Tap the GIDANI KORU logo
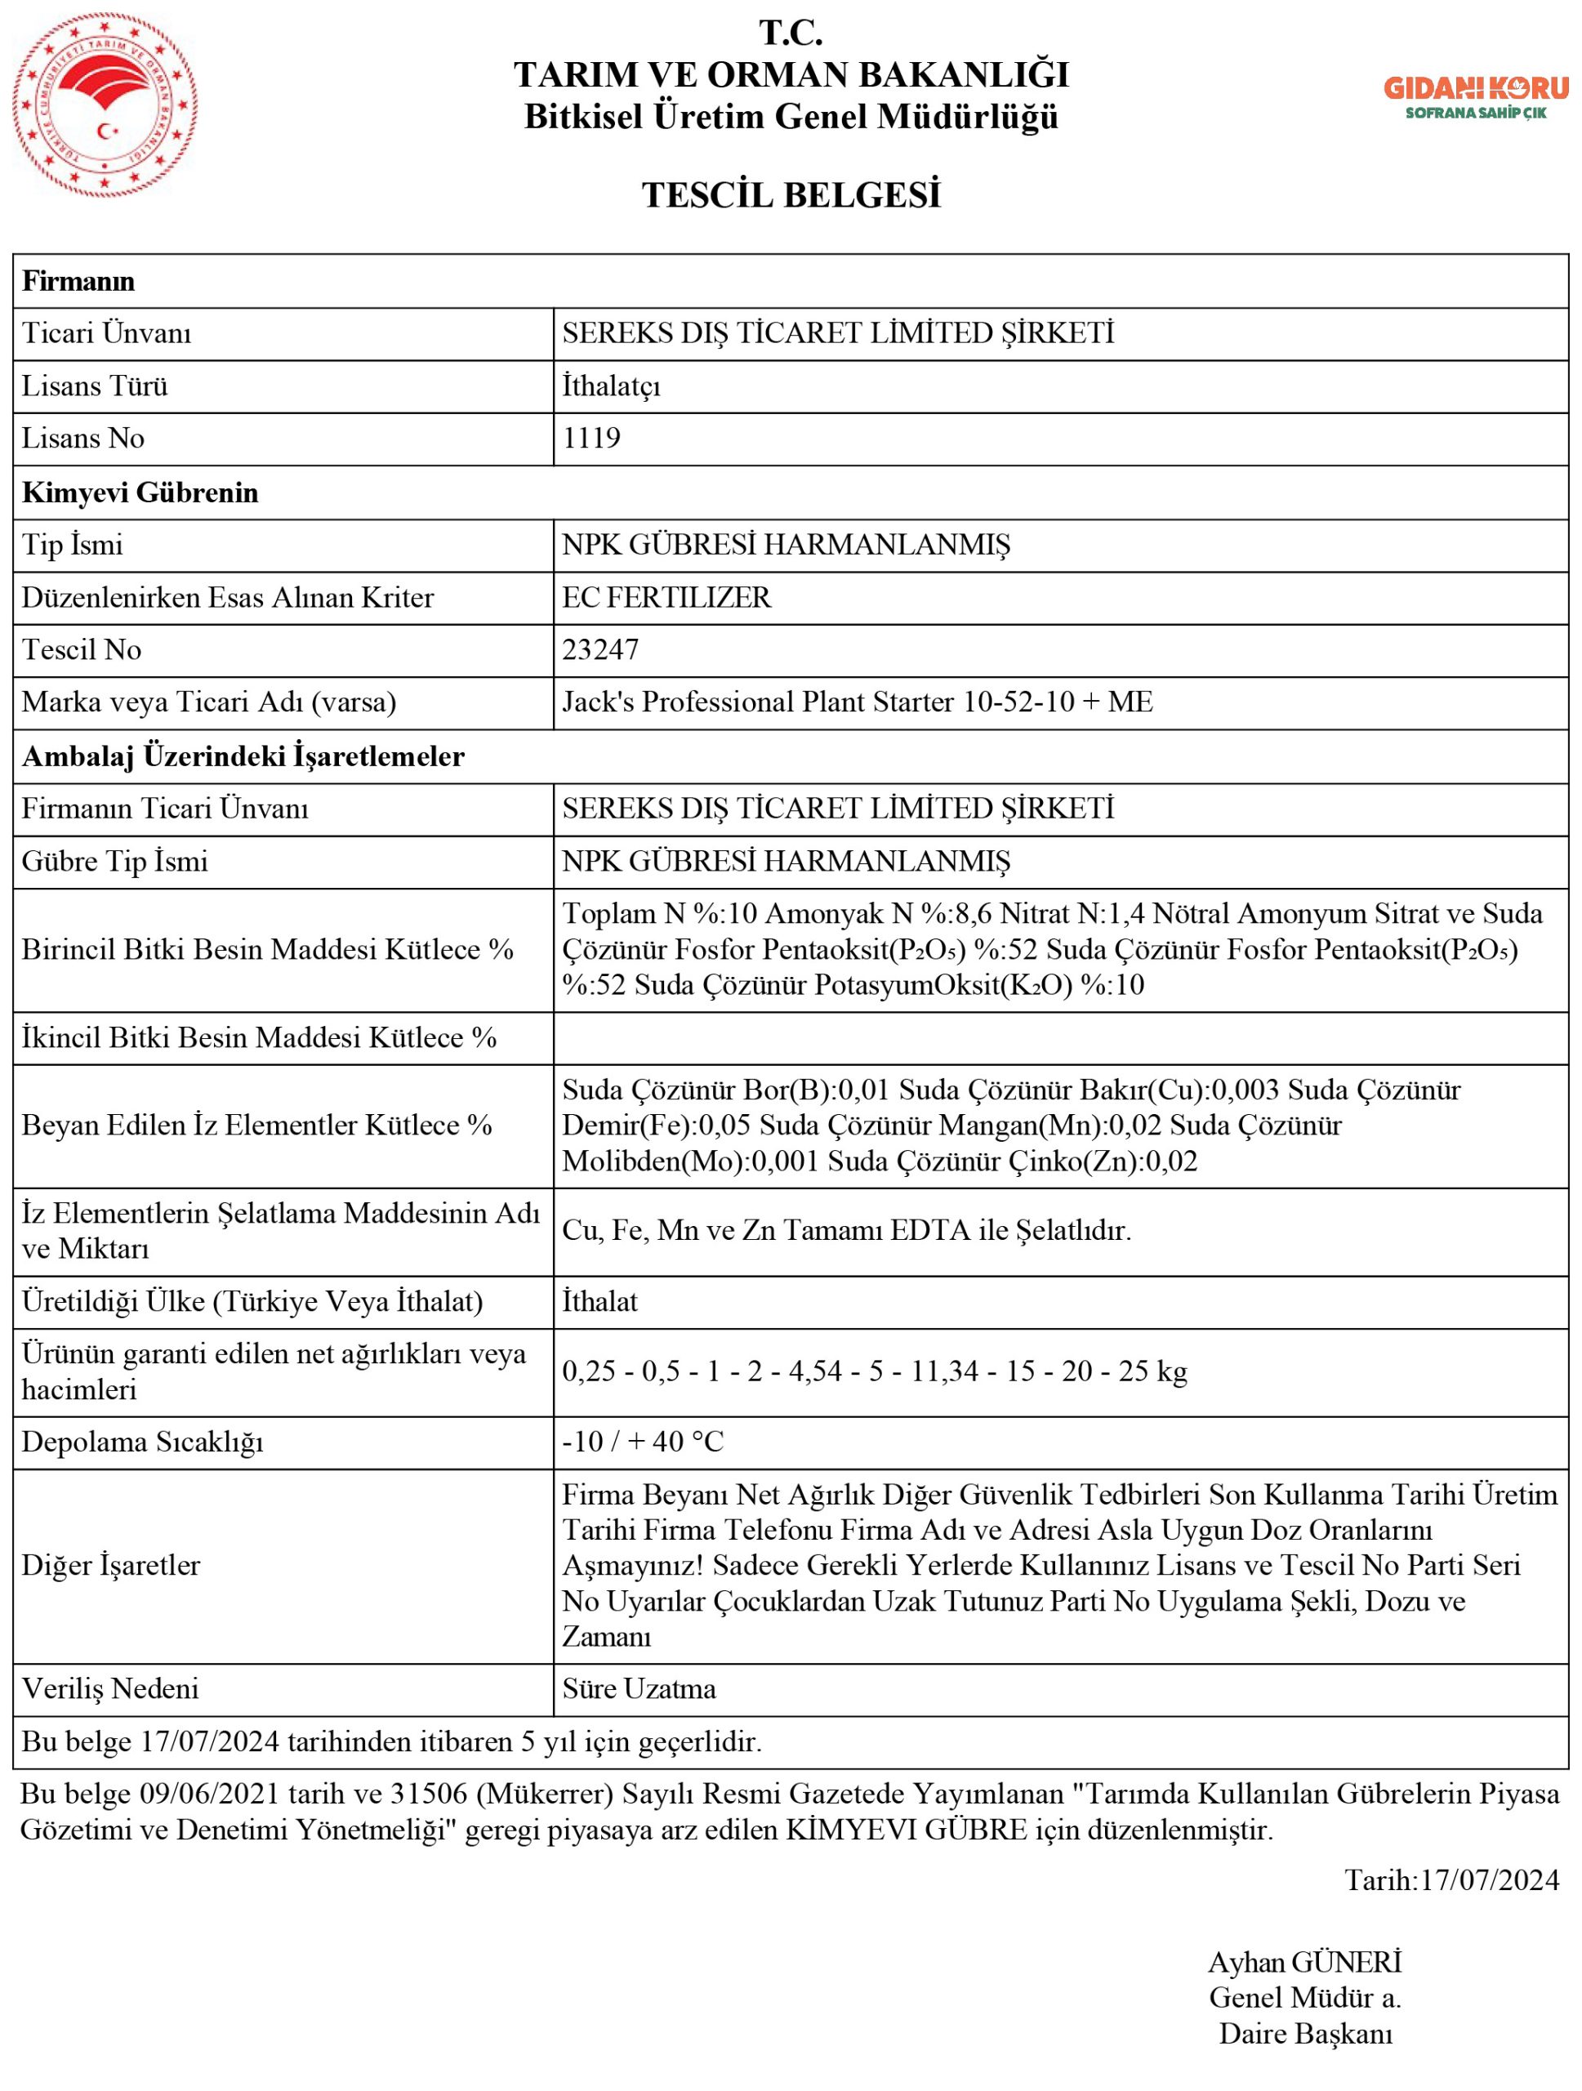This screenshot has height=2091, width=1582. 1475,96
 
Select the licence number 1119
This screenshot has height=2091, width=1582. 591,438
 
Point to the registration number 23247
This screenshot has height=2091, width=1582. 600,649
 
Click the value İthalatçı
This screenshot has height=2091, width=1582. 612,386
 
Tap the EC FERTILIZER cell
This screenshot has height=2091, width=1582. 666,597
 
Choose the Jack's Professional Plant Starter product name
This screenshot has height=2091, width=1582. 857,702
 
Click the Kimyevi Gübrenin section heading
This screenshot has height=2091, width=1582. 140,493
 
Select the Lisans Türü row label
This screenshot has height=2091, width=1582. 95,386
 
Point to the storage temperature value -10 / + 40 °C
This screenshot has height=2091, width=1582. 643,1441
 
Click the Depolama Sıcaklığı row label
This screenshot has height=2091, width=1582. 142,1442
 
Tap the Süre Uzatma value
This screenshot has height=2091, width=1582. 639,1688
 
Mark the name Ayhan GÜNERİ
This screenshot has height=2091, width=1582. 1304,1963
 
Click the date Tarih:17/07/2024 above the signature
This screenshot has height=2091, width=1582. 1451,1880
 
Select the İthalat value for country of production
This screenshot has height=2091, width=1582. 600,1302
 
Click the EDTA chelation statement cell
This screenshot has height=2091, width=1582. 847,1230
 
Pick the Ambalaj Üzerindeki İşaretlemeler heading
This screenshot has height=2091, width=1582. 243,756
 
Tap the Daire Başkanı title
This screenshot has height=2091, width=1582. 1305,2033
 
